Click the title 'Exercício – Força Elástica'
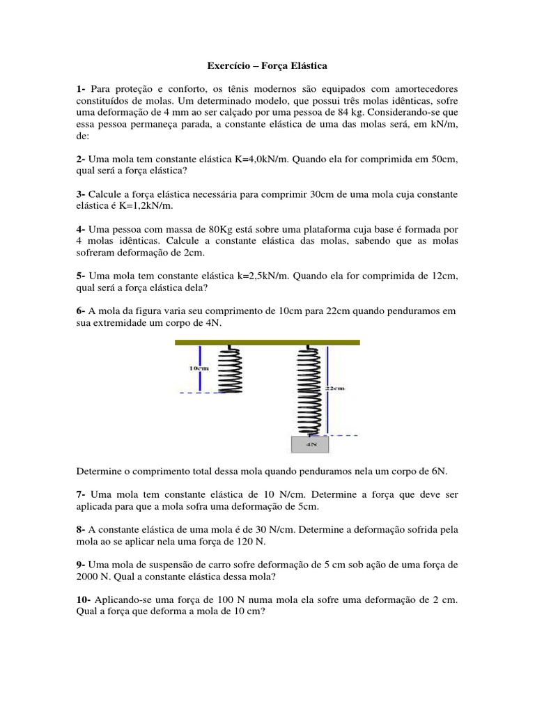267,66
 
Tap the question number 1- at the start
82,90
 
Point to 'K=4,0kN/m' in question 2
259,159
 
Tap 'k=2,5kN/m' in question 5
260,276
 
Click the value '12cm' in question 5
444,276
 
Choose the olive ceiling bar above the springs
267,342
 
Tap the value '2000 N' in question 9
95,577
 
